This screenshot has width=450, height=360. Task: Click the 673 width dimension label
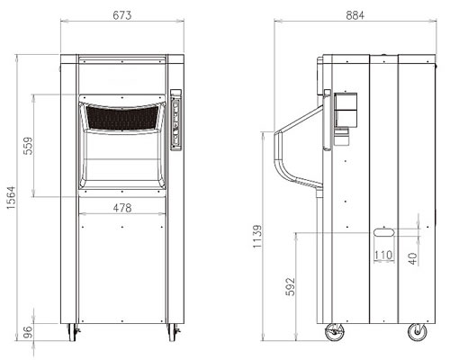(x=122, y=15)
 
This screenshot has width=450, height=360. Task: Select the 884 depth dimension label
(x=355, y=15)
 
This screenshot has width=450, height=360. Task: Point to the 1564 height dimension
(x=11, y=198)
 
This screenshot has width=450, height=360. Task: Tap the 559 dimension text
(x=28, y=146)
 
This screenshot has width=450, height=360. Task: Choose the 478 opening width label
(x=122, y=208)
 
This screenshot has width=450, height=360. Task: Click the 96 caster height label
(x=28, y=332)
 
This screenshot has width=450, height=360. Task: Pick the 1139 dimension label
(x=257, y=237)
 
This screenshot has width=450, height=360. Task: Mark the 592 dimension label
(x=290, y=287)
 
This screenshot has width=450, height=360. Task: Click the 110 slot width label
(x=383, y=255)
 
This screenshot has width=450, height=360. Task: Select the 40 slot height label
(x=413, y=258)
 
